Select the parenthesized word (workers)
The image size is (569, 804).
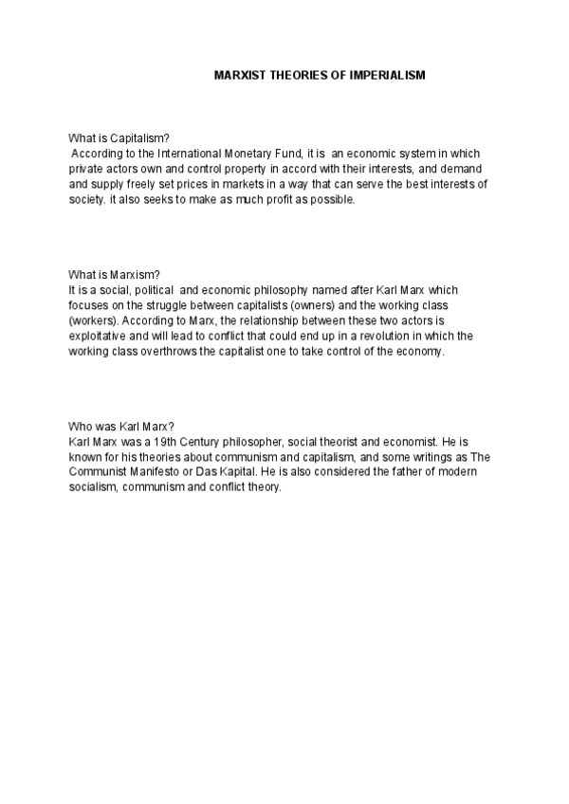tap(94, 320)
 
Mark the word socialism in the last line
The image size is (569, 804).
tap(95, 486)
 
